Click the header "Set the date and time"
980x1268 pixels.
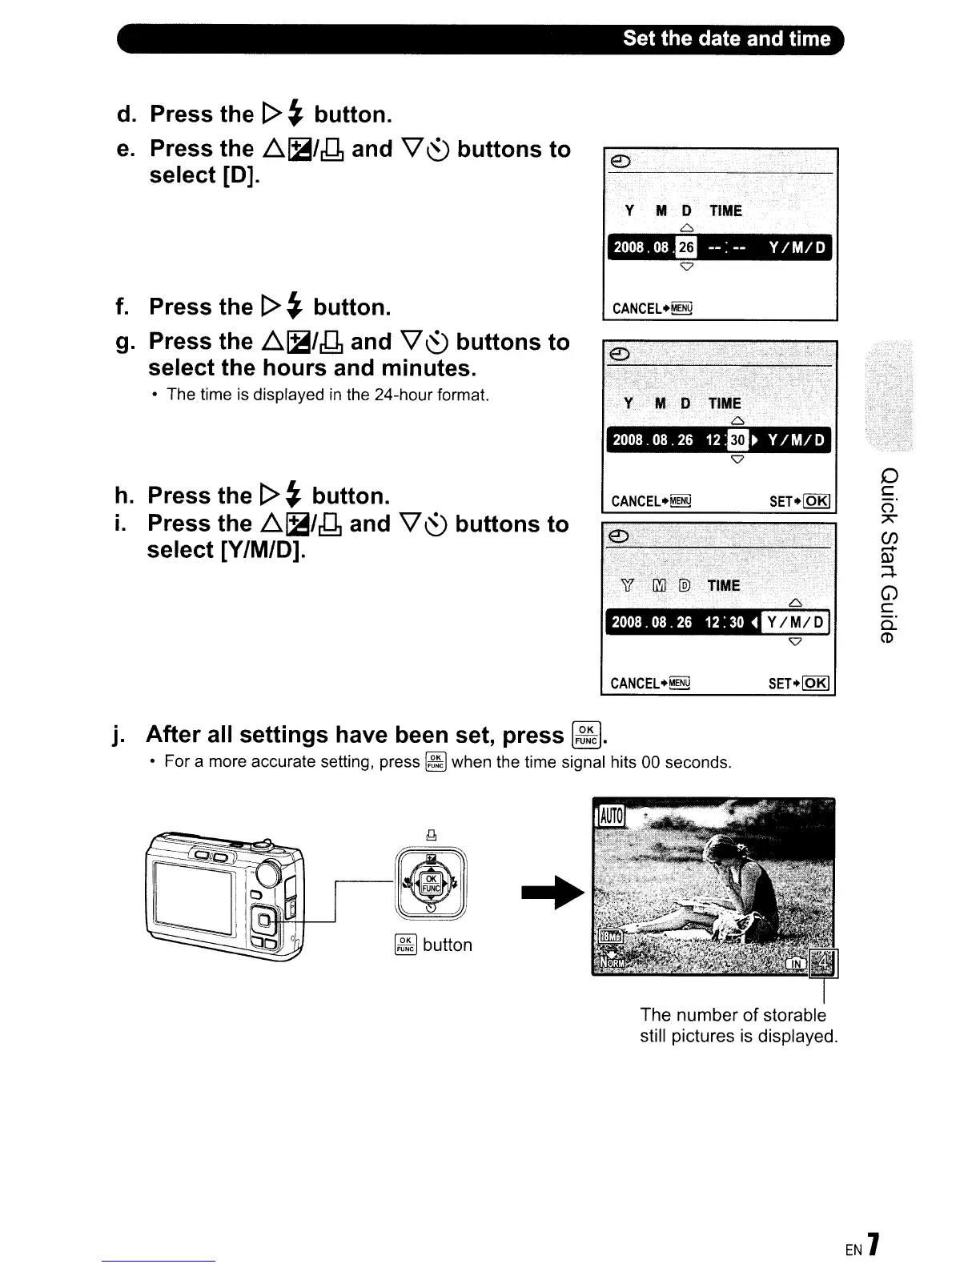pyautogui.click(x=726, y=39)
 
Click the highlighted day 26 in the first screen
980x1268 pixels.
pyautogui.click(x=686, y=247)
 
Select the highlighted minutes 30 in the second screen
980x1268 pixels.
pyautogui.click(x=737, y=440)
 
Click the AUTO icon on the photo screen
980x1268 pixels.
pyautogui.click(x=610, y=817)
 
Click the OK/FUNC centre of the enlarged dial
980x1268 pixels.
pyautogui.click(x=431, y=884)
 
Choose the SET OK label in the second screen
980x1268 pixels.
pyautogui.click(x=799, y=502)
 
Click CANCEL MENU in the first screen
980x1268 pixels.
pyautogui.click(x=652, y=309)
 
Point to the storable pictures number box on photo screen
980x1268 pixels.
pyautogui.click(x=824, y=961)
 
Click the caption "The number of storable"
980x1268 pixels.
pyautogui.click(x=733, y=1015)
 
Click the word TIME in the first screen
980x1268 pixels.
pyautogui.click(x=725, y=211)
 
